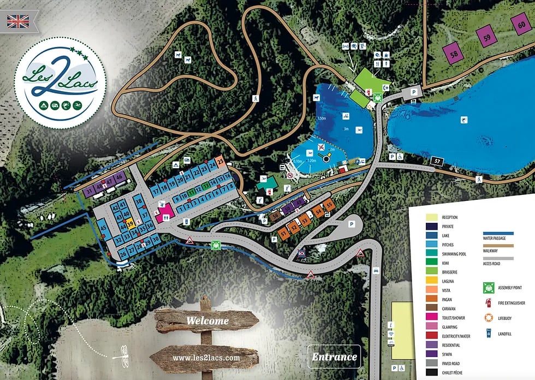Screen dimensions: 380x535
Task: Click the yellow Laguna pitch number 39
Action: tap(130, 224)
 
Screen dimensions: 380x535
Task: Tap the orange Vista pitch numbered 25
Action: tap(221, 162)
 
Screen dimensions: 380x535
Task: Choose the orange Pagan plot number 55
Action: tap(328, 205)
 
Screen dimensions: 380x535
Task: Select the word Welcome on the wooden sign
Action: tap(207, 320)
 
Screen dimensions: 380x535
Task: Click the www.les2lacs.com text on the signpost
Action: tap(206, 358)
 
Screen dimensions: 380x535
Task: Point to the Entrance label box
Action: tap(334, 358)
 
